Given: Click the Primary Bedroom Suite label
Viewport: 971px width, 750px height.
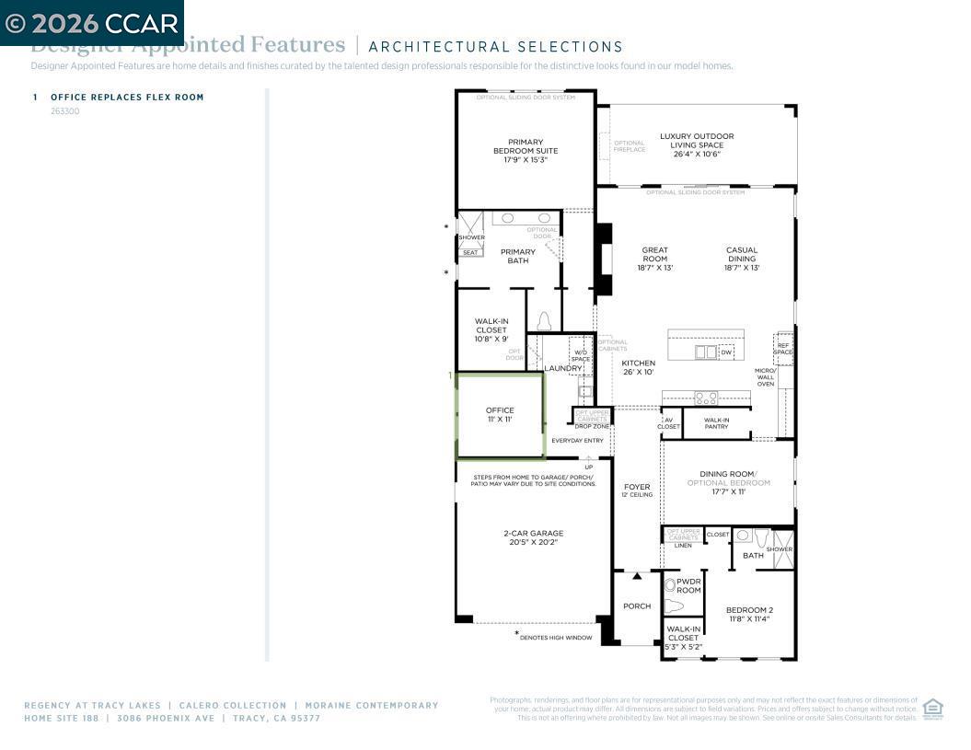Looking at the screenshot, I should pos(526,151).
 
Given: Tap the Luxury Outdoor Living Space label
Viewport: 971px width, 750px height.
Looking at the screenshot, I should pos(697,144).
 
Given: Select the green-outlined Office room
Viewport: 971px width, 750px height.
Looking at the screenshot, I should pos(501,415).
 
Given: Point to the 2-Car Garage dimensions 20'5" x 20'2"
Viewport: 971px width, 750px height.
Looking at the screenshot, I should pos(534,542).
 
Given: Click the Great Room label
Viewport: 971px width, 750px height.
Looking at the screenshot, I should pos(655,259).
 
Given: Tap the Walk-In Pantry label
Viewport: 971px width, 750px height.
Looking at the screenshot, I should pos(717,423).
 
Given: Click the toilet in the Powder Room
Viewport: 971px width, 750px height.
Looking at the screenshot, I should pos(675,606).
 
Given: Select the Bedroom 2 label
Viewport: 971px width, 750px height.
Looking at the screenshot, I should pos(749,614).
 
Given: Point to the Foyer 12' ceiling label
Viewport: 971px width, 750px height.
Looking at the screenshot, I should pos(637,490).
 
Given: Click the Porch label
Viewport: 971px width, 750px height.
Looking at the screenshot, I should pos(637,606).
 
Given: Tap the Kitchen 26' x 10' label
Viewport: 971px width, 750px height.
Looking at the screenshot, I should pos(638,367).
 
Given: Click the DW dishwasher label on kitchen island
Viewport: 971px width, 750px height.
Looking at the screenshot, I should pos(726,352).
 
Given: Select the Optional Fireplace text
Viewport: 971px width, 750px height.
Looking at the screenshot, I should pos(630,145).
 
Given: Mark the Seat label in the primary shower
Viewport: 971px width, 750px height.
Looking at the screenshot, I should pos(470,252).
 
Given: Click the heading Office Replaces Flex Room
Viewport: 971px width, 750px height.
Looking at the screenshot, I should pos(127,98).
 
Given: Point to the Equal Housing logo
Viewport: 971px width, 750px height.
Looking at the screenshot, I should pos(932,709).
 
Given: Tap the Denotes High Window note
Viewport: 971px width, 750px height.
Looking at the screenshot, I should pos(556,637).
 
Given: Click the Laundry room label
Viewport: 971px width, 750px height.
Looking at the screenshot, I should pos(563,368).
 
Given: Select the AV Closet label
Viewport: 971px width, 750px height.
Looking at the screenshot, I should pos(669,423).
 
